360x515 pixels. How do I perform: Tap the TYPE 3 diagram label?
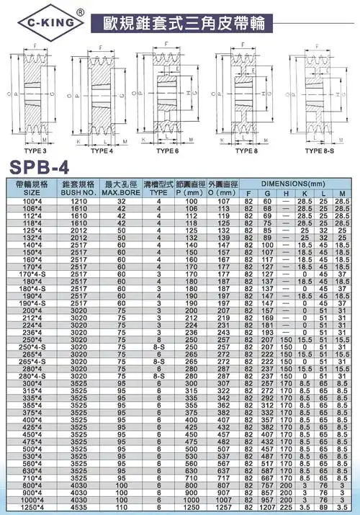point(33,151)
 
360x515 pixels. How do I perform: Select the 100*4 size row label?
point(32,202)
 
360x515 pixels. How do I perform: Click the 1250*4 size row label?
point(32,506)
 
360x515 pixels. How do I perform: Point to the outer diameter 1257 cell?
point(223,506)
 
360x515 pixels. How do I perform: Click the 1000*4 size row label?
point(32,499)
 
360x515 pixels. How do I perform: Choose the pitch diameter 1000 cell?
point(191,499)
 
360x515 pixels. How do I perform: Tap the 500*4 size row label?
point(32,449)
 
